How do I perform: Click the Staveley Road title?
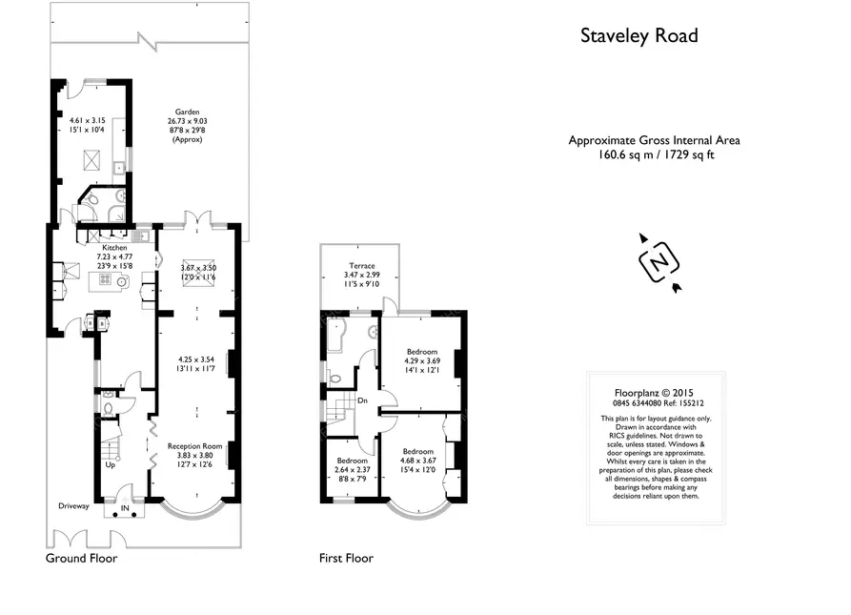click(639, 36)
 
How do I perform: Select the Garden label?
click(186, 112)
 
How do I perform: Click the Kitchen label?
click(114, 248)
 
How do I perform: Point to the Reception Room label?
click(194, 445)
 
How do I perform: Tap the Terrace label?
click(361, 266)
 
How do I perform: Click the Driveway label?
click(73, 506)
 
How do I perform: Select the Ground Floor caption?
click(82, 558)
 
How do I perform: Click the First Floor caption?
click(346, 558)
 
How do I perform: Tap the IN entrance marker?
click(124, 508)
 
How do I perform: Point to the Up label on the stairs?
click(111, 465)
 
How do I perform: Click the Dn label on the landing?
click(363, 400)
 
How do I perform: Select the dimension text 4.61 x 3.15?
click(90, 121)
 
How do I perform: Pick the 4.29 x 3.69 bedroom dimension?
click(423, 360)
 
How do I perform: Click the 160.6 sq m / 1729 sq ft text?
click(654, 154)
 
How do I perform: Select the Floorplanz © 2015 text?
click(654, 391)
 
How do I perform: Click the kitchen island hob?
click(107, 282)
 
